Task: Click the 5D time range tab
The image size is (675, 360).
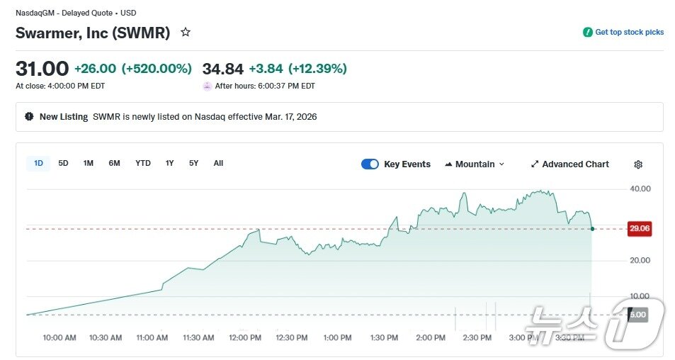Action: click(63, 164)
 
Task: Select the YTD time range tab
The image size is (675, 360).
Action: click(143, 164)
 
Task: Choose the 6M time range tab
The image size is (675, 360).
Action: click(114, 164)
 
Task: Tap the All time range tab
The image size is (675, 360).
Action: click(218, 164)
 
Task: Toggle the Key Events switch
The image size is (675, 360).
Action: click(370, 164)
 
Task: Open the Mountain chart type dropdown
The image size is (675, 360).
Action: click(475, 164)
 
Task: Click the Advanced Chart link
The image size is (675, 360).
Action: click(569, 164)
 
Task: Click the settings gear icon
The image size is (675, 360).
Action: click(638, 164)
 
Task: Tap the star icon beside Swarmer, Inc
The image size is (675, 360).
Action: click(186, 33)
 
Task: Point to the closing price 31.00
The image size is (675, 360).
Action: click(42, 69)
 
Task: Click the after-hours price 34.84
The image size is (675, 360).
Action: click(222, 69)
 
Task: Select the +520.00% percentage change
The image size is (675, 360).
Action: click(157, 69)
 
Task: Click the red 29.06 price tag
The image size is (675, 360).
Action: click(640, 228)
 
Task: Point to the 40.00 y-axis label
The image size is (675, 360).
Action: click(640, 189)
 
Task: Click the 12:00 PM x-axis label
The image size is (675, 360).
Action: click(245, 338)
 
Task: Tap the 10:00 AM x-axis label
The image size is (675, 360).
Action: click(59, 338)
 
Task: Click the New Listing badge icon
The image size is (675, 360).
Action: click(29, 116)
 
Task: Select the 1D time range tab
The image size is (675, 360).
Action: click(38, 164)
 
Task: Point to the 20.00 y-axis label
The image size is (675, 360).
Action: click(640, 261)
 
